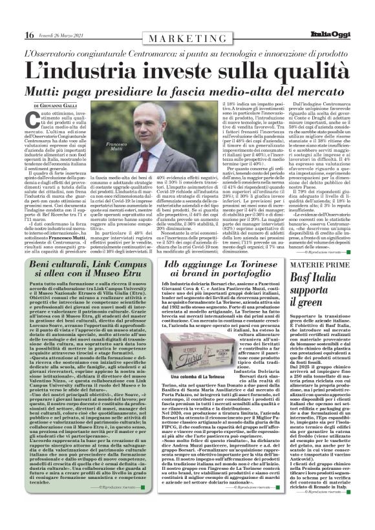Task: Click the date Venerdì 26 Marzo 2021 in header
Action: point(63,35)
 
